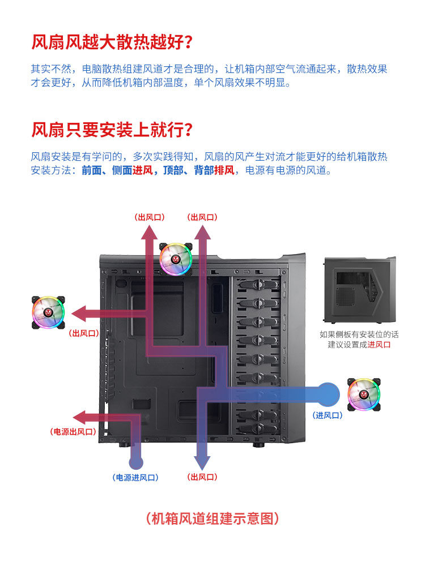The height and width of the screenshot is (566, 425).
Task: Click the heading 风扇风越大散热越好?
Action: pyautogui.click(x=112, y=42)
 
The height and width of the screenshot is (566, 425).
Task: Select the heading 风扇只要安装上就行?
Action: pyautogui.click(x=112, y=130)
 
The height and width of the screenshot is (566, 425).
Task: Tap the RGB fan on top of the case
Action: pyautogui.click(x=176, y=259)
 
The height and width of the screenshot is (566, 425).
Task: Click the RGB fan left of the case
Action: pyautogui.click(x=48, y=312)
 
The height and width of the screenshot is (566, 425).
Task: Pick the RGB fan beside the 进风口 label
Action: pyautogui.click(x=364, y=395)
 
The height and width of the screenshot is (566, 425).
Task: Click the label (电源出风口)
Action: pyautogui.click(x=73, y=432)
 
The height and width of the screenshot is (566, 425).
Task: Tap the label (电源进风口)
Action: pyautogui.click(x=135, y=478)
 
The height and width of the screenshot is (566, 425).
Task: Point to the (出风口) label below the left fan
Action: pyautogui.click(x=83, y=334)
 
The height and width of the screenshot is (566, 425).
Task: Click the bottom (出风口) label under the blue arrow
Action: pyautogui.click(x=202, y=478)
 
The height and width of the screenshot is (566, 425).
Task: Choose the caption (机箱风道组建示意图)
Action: pyautogui.click(x=212, y=518)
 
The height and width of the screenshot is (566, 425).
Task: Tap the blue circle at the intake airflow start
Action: pyautogui.click(x=328, y=393)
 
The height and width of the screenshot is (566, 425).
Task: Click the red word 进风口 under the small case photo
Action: pyautogui.click(x=379, y=345)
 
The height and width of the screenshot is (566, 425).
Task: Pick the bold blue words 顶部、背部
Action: pyautogui.click(x=188, y=170)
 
